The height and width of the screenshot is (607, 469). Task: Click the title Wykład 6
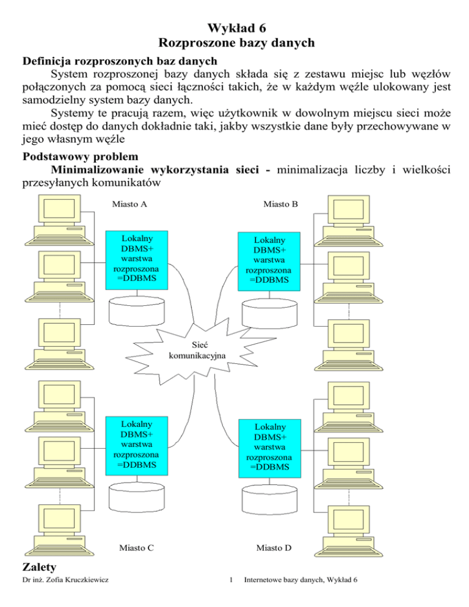click(x=236, y=28)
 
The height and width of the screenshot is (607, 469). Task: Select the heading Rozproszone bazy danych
click(x=236, y=43)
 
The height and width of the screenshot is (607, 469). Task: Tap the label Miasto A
click(x=129, y=204)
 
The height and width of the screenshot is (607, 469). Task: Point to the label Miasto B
click(x=281, y=204)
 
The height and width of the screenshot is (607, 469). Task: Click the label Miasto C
click(x=136, y=548)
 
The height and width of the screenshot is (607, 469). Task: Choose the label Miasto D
click(x=274, y=548)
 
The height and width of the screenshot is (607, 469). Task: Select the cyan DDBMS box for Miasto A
click(x=137, y=260)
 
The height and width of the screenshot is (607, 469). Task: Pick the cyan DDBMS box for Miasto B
click(x=269, y=261)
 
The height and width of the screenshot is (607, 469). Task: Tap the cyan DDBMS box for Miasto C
click(x=137, y=446)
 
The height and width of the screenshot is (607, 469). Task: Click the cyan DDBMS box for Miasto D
click(x=269, y=448)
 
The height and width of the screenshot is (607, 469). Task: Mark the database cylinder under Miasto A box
click(x=136, y=311)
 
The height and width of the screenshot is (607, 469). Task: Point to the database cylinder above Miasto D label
click(x=269, y=500)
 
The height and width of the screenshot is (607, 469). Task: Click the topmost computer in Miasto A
click(x=60, y=220)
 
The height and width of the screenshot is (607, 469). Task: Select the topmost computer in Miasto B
click(x=349, y=220)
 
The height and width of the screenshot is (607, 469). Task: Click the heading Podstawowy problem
click(x=80, y=157)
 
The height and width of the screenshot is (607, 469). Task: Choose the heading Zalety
click(x=39, y=567)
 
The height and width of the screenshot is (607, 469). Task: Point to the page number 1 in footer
click(x=231, y=580)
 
